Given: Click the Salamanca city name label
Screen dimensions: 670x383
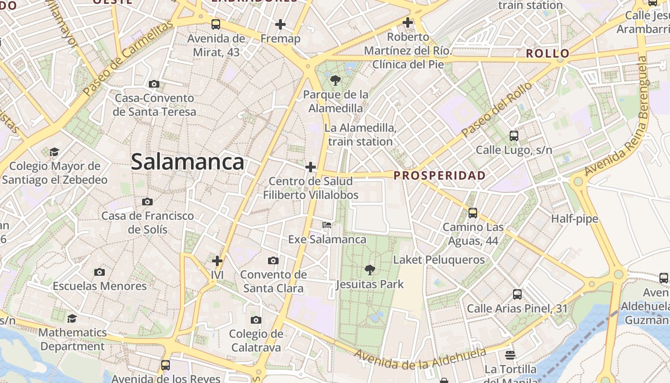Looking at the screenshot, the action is (x=188, y=162).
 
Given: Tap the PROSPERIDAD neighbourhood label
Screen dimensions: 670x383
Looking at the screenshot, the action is (x=439, y=176).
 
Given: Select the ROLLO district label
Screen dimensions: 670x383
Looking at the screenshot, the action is (x=547, y=54).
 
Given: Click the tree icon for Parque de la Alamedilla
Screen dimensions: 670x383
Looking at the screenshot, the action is (x=335, y=80).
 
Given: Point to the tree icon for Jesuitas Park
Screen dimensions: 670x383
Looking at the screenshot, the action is (x=369, y=270).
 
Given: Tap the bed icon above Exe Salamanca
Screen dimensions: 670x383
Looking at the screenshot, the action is (x=327, y=225).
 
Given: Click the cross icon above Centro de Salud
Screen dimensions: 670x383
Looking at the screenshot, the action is (x=311, y=167).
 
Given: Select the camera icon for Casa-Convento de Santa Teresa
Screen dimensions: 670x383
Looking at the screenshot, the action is (x=154, y=84).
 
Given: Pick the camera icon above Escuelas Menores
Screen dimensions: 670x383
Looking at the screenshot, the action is (x=100, y=272).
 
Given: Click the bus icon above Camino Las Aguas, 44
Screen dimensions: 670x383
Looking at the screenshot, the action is (x=473, y=213).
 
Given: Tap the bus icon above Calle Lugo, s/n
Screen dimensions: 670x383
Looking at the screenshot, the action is (x=514, y=136).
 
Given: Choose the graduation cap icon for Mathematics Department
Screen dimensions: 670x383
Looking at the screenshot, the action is (x=72, y=318).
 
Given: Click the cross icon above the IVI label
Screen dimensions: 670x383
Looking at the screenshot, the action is (x=217, y=261).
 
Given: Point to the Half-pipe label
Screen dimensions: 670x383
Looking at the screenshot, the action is (x=574, y=219).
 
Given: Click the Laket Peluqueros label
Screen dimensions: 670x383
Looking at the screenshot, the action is (x=439, y=260).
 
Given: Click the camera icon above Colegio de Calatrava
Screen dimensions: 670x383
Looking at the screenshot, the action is (x=256, y=320).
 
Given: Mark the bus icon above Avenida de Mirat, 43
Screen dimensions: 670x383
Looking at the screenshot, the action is (x=216, y=24).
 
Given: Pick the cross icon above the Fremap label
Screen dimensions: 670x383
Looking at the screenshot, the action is (x=280, y=24).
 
